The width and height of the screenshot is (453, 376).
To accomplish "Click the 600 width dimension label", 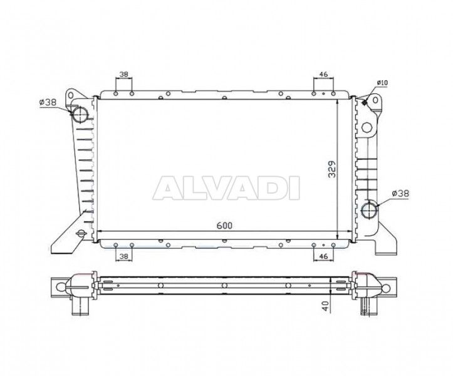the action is pos(224,226).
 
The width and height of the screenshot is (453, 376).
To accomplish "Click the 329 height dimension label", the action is pos(333,169).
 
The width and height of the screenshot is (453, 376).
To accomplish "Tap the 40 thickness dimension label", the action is pos(326,306).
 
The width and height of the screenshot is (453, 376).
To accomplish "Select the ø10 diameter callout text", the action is pos(382,83).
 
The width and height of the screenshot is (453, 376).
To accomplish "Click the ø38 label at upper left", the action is pos(48,102).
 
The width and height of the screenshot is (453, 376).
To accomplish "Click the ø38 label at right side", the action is pos(401,194).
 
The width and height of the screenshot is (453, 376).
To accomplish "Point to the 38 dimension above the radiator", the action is pos(123,75).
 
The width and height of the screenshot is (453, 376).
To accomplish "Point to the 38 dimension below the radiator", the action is pos(123,256).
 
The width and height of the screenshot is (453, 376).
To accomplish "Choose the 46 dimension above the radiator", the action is pos(323,75).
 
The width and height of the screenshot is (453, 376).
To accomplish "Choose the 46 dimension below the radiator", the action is pos(323,256).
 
